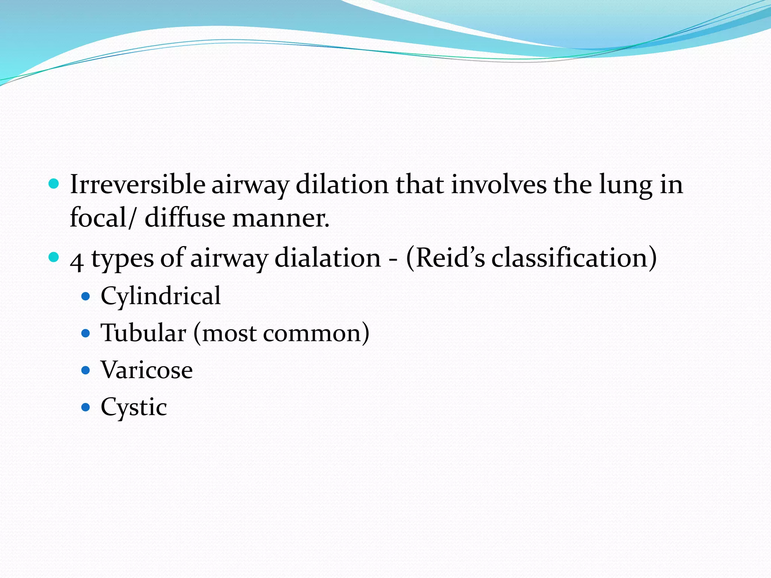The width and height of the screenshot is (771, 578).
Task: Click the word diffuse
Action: pos(185,218)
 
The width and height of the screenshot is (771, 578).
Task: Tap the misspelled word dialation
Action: pos(328,258)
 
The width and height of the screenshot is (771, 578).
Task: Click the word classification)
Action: pos(574,258)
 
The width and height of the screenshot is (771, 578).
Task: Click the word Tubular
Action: pos(143,333)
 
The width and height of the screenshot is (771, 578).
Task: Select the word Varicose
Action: pos(147,370)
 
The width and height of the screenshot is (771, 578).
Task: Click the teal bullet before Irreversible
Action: pos(54,184)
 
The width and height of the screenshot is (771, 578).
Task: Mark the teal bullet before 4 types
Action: pos(54,258)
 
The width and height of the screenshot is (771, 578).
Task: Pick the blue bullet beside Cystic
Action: pos(86,407)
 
